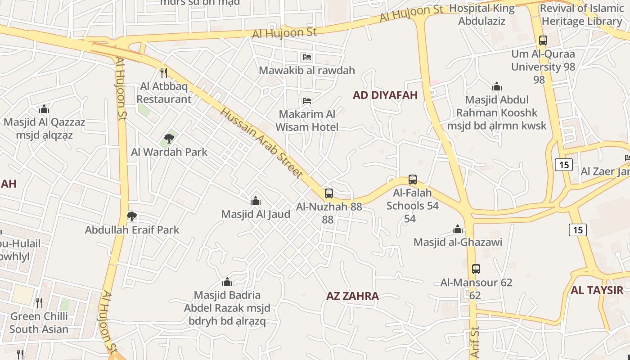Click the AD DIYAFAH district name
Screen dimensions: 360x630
[x=385, y=95]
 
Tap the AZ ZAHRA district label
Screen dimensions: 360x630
[x=352, y=296]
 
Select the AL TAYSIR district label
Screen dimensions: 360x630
[x=597, y=290]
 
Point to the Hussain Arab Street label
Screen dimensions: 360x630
[x=261, y=143]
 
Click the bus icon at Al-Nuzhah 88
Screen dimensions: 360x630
[x=329, y=193]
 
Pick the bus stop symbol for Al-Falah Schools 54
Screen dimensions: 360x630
[x=413, y=180]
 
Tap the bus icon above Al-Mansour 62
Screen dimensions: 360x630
[x=476, y=269]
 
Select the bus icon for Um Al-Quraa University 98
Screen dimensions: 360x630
[x=543, y=40]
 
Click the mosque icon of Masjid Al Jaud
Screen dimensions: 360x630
[x=256, y=201]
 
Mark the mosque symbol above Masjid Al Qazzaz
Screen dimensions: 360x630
[x=44, y=109]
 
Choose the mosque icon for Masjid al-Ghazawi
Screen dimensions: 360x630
[x=458, y=229]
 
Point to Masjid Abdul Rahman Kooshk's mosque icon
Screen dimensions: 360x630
[x=497, y=86]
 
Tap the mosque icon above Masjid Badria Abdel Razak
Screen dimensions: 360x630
[x=227, y=282]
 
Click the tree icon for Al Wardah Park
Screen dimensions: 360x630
[x=169, y=139]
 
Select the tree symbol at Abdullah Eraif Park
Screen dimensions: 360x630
[x=132, y=216]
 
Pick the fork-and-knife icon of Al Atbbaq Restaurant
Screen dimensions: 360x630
[x=164, y=72]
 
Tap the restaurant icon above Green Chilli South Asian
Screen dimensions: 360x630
[x=39, y=303]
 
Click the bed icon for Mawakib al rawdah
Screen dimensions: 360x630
[x=306, y=57]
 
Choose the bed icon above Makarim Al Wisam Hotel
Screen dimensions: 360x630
[x=307, y=100]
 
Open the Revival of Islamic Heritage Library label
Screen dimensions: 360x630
[x=581, y=14]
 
